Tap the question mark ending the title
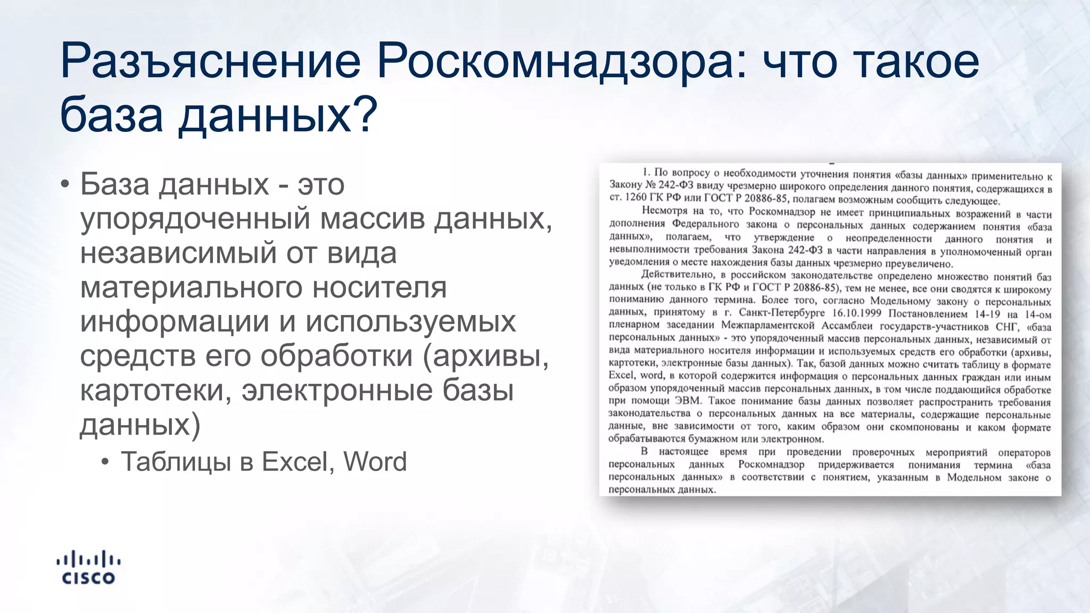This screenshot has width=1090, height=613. [366, 115]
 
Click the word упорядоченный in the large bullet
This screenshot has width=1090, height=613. [195, 219]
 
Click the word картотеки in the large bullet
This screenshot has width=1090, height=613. [154, 391]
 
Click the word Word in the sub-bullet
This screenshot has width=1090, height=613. [375, 462]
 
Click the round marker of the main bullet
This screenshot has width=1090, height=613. [65, 185]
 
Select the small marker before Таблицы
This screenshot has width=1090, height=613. [105, 462]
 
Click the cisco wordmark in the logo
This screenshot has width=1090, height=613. [88, 578]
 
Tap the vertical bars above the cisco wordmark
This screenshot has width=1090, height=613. [88, 559]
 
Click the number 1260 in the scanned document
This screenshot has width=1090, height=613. [635, 197]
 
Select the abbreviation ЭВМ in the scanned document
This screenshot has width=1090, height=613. [688, 401]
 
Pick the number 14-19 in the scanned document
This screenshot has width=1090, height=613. [987, 314]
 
